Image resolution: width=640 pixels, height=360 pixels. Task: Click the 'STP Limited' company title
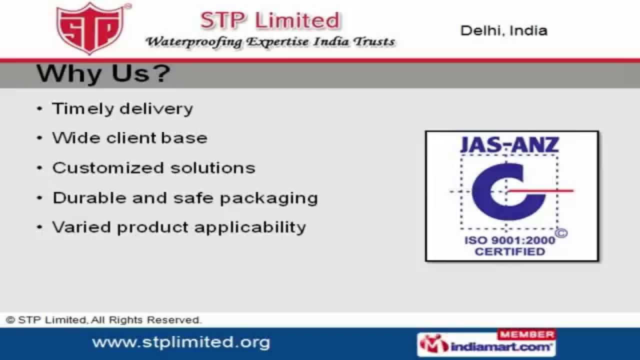pyautogui.click(x=270, y=20)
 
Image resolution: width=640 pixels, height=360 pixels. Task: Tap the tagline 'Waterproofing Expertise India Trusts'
pyautogui.click(x=270, y=41)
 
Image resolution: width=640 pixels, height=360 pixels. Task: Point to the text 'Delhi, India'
pyautogui.click(x=503, y=30)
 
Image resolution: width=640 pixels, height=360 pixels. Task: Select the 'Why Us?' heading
pyautogui.click(x=103, y=74)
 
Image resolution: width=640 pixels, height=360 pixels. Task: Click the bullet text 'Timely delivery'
pyautogui.click(x=122, y=109)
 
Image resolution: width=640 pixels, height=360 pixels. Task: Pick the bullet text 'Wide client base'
pyautogui.click(x=129, y=138)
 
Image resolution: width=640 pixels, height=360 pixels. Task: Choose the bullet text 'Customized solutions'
pyautogui.click(x=153, y=167)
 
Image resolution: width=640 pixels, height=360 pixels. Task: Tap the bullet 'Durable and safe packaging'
pyautogui.click(x=185, y=197)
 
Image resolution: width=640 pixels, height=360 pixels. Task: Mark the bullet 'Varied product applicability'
pyautogui.click(x=179, y=227)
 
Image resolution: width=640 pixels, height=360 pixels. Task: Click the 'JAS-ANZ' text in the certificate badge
pyautogui.click(x=509, y=144)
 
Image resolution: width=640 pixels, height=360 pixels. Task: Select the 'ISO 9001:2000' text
pyautogui.click(x=509, y=240)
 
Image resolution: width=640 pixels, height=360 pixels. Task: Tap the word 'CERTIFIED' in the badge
pyautogui.click(x=509, y=251)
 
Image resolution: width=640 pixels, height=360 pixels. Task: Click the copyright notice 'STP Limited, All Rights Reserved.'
pyautogui.click(x=103, y=320)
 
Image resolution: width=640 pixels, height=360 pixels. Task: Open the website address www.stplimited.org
pyautogui.click(x=181, y=342)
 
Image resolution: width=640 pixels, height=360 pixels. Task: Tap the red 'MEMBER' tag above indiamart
pyautogui.click(x=526, y=334)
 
